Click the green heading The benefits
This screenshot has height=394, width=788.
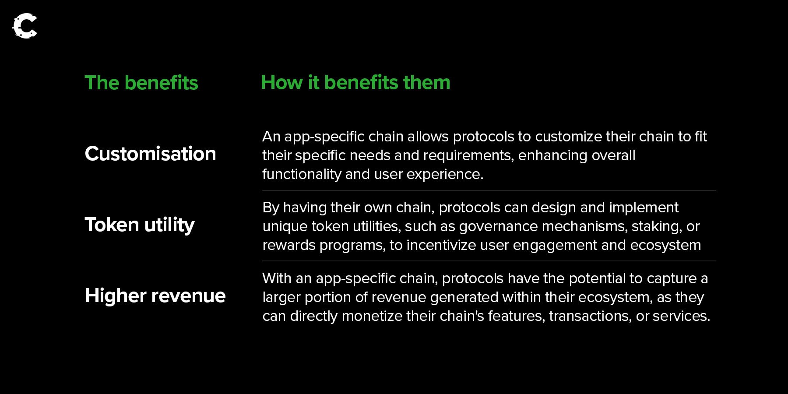[x=141, y=83]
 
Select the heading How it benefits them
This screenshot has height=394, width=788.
[x=355, y=82]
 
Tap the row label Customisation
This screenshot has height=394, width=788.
[x=150, y=154]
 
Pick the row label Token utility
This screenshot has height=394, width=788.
[x=139, y=225]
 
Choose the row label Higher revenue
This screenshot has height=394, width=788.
[x=155, y=295]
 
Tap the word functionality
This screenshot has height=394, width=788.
[x=302, y=174]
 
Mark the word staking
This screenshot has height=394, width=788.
[x=657, y=227]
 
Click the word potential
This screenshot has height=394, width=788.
[x=597, y=279]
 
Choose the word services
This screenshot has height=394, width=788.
[x=681, y=316]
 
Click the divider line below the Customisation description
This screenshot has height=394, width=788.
[x=489, y=190]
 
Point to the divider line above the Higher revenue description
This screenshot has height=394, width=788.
[x=489, y=261]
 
